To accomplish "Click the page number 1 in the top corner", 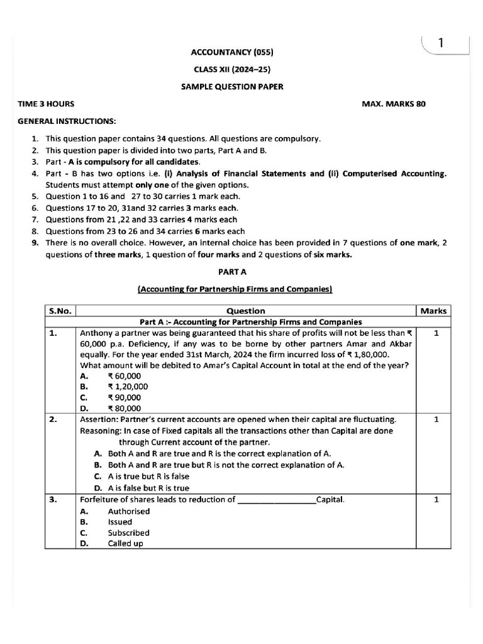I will (441, 43).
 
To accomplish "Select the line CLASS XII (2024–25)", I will (232, 69).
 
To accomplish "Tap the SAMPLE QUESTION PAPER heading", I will (232, 87).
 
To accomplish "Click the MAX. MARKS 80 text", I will (394, 104).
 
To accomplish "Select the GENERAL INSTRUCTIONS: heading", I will (67, 121).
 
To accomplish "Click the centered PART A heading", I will (232, 272).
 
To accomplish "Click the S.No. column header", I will (60, 311).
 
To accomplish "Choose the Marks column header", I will (433, 311).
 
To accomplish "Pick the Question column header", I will (245, 311).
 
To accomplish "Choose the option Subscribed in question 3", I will (128, 533).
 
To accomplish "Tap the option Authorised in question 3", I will (129, 511).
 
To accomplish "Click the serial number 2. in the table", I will (53, 419).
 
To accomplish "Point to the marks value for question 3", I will (436, 500).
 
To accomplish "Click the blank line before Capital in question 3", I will (277, 501).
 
